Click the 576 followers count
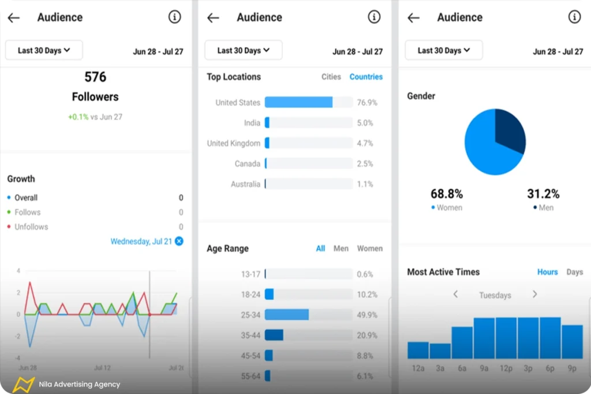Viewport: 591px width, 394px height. (95, 77)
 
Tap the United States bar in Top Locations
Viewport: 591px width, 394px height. (298, 102)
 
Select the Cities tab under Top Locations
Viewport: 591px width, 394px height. (331, 77)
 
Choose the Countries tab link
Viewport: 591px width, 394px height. (366, 77)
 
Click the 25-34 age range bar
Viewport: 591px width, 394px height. (286, 314)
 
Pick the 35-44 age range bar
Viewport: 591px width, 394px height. (274, 335)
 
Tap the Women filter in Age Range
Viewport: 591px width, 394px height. (369, 249)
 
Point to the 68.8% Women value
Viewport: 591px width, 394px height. (447, 194)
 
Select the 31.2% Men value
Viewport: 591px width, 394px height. (543, 194)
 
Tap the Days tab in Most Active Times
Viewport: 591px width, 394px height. (574, 272)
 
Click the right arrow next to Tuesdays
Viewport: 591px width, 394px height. (534, 294)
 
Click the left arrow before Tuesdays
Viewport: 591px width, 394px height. (455, 294)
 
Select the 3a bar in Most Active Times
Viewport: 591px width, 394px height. (440, 351)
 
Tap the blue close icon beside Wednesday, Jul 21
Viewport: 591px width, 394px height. (179, 241)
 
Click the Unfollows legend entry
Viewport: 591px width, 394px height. (31, 227)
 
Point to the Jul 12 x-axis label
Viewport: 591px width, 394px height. (102, 367)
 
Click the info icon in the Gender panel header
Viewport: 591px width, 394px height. (574, 17)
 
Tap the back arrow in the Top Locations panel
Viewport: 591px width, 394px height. (213, 18)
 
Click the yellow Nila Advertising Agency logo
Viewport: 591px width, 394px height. (24, 384)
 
